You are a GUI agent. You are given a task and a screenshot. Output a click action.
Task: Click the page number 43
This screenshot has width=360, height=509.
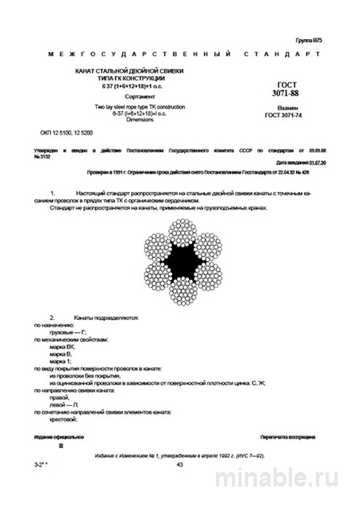(x=179, y=464)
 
